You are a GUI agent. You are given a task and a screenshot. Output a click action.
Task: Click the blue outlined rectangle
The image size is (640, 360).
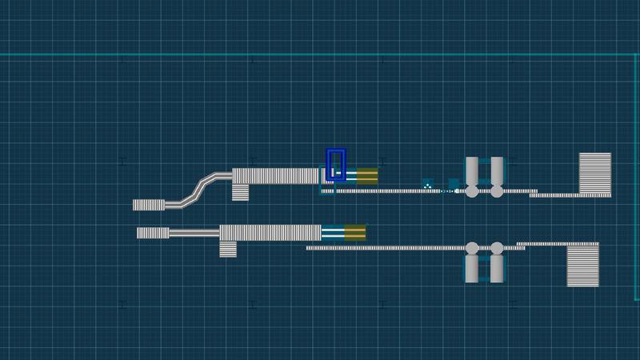point(337,164)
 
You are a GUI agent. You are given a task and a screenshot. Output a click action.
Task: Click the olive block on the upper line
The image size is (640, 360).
point(367,175)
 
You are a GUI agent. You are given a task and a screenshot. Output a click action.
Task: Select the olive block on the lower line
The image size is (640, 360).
point(355,233)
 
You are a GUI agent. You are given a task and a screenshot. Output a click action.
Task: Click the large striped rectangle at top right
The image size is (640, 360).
point(594,174)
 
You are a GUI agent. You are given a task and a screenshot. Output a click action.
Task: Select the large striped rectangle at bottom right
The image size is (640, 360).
point(582,266)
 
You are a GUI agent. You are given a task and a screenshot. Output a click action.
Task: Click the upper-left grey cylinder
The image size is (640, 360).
point(472,171)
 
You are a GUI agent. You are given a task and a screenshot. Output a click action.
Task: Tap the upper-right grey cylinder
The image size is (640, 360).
point(497,171)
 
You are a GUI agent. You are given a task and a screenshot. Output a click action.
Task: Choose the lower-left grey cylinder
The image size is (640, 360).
point(472,267)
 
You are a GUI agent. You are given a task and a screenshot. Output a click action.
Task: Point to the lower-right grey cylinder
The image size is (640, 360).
point(497,267)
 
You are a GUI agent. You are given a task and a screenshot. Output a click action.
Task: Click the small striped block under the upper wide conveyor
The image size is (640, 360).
point(240,192)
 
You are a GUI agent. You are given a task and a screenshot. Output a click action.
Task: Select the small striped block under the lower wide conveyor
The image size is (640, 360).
point(229,249)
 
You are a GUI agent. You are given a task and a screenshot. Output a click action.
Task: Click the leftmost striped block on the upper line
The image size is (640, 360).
point(148,205)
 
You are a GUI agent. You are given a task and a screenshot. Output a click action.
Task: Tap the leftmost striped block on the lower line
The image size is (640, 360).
point(152,233)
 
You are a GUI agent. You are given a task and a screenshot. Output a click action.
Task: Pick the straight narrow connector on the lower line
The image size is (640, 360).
point(194,233)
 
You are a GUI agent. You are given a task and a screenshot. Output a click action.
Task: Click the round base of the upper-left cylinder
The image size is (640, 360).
point(472,192)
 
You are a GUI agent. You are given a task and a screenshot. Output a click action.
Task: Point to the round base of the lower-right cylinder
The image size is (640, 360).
point(497,248)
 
